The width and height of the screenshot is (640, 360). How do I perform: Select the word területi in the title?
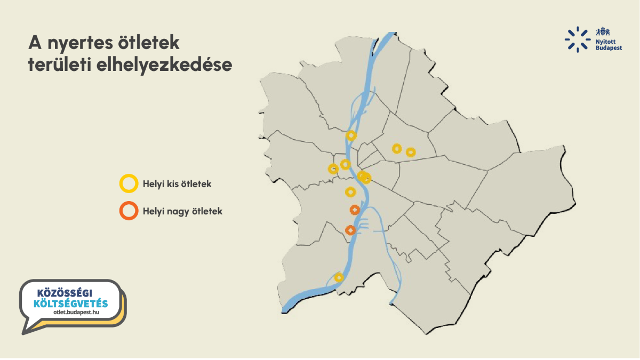tap(59, 65)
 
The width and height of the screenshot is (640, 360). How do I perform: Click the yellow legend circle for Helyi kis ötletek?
tap(128, 183)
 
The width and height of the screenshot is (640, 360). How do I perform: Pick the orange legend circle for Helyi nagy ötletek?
tap(128, 211)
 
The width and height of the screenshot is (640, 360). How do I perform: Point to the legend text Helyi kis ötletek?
tap(177, 184)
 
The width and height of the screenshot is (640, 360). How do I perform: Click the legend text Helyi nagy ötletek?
tap(182, 211)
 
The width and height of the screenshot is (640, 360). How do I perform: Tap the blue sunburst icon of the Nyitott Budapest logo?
tap(577, 39)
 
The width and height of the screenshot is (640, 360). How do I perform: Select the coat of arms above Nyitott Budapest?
tap(603, 31)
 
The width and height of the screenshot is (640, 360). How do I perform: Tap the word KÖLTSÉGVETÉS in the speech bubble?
tap(70, 303)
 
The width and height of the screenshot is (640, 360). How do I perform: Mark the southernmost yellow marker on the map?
tap(339, 277)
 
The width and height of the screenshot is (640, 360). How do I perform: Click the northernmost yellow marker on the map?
tap(351, 135)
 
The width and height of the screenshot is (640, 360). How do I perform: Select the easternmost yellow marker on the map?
tap(411, 152)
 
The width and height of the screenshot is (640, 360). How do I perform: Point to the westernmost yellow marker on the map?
tap(333, 169)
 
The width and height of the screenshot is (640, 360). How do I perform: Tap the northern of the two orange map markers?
tap(354, 210)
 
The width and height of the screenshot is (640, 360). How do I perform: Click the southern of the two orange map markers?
tap(350, 230)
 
